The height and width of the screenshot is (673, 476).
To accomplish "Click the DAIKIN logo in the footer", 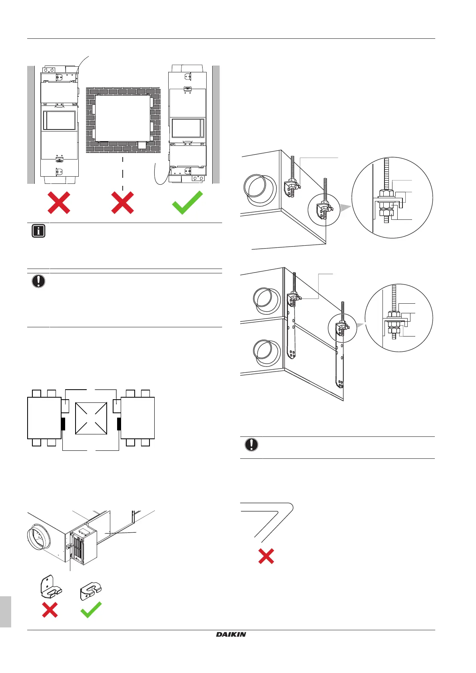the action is point(231,634).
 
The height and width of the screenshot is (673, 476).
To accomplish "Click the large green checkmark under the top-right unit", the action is point(187,202).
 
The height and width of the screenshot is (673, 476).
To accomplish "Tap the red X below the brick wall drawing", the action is point(123,203).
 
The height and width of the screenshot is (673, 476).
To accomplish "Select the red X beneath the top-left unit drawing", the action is point(59,203).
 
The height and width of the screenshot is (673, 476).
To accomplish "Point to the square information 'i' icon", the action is point(38,231).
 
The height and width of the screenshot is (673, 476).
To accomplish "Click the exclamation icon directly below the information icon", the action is point(38,281).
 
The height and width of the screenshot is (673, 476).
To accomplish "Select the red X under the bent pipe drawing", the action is point(266,556).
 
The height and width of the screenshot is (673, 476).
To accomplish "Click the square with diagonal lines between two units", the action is point(91,418).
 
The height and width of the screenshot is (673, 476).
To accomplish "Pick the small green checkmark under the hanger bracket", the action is point(91,609).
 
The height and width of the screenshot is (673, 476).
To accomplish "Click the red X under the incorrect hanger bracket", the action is point(50,609).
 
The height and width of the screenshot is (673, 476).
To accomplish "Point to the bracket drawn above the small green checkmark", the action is point(91,591).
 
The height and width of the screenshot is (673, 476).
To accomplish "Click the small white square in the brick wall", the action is point(142,145).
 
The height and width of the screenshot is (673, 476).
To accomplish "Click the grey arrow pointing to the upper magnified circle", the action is point(346,207).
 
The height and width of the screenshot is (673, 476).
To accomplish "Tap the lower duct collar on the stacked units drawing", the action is point(267,353).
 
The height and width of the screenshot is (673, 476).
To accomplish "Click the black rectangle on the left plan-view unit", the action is point(63,424).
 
